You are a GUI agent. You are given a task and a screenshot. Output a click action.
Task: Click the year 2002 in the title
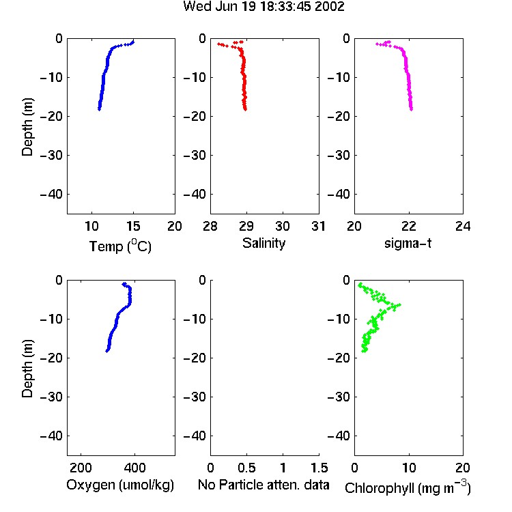(330, 7)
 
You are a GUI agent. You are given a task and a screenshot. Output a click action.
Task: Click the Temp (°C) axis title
(120, 246)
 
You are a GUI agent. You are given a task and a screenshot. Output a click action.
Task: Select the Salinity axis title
(264, 243)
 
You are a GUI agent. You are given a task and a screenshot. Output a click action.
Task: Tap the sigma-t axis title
(408, 243)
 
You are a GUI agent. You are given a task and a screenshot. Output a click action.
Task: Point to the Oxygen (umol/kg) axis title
(120, 485)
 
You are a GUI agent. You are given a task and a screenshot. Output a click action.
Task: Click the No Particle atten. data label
(264, 485)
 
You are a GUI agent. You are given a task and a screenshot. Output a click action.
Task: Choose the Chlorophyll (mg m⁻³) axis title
(408, 487)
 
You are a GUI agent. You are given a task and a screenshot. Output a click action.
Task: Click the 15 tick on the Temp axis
(133, 226)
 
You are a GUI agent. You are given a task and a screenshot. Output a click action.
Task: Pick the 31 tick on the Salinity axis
(318, 226)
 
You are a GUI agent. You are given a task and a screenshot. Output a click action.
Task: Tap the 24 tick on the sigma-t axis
(463, 226)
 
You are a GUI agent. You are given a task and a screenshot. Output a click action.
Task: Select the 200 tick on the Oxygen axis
(81, 468)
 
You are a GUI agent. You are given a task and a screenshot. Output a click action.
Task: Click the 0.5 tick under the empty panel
(246, 468)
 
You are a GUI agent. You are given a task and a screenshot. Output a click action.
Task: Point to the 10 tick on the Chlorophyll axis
(409, 468)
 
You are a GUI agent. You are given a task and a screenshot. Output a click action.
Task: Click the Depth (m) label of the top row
(27, 127)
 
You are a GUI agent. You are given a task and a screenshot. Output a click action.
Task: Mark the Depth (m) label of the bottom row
(27, 369)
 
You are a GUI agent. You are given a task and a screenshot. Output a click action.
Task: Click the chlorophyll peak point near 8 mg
(399, 304)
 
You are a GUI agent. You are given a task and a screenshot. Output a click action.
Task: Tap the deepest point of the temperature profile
(99, 109)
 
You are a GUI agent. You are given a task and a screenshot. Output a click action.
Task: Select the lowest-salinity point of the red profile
(218, 44)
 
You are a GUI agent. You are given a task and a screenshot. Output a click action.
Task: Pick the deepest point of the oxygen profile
(106, 351)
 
